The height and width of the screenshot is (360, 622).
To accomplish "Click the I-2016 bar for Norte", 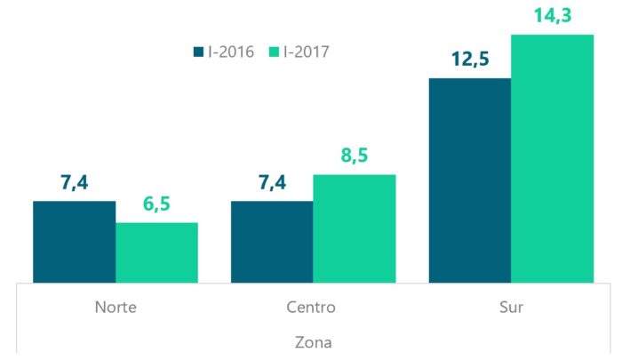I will click(75, 242).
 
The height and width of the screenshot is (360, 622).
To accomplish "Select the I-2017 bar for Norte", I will click(157, 252).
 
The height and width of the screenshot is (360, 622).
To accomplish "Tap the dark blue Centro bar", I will click(272, 242).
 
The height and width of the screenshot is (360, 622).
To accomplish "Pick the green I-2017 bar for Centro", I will click(355, 228).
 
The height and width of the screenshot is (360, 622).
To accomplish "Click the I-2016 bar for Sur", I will click(470, 180).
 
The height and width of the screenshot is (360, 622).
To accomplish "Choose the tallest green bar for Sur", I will click(552, 159).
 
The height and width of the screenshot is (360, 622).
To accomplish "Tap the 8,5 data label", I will click(354, 156).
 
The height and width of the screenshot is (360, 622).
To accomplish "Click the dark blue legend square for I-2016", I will click(198, 52).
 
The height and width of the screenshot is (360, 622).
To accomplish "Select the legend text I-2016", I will click(231, 52).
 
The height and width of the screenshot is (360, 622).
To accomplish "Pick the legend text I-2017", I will click(307, 52).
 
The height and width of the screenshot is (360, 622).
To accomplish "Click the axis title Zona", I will click(313, 340).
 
